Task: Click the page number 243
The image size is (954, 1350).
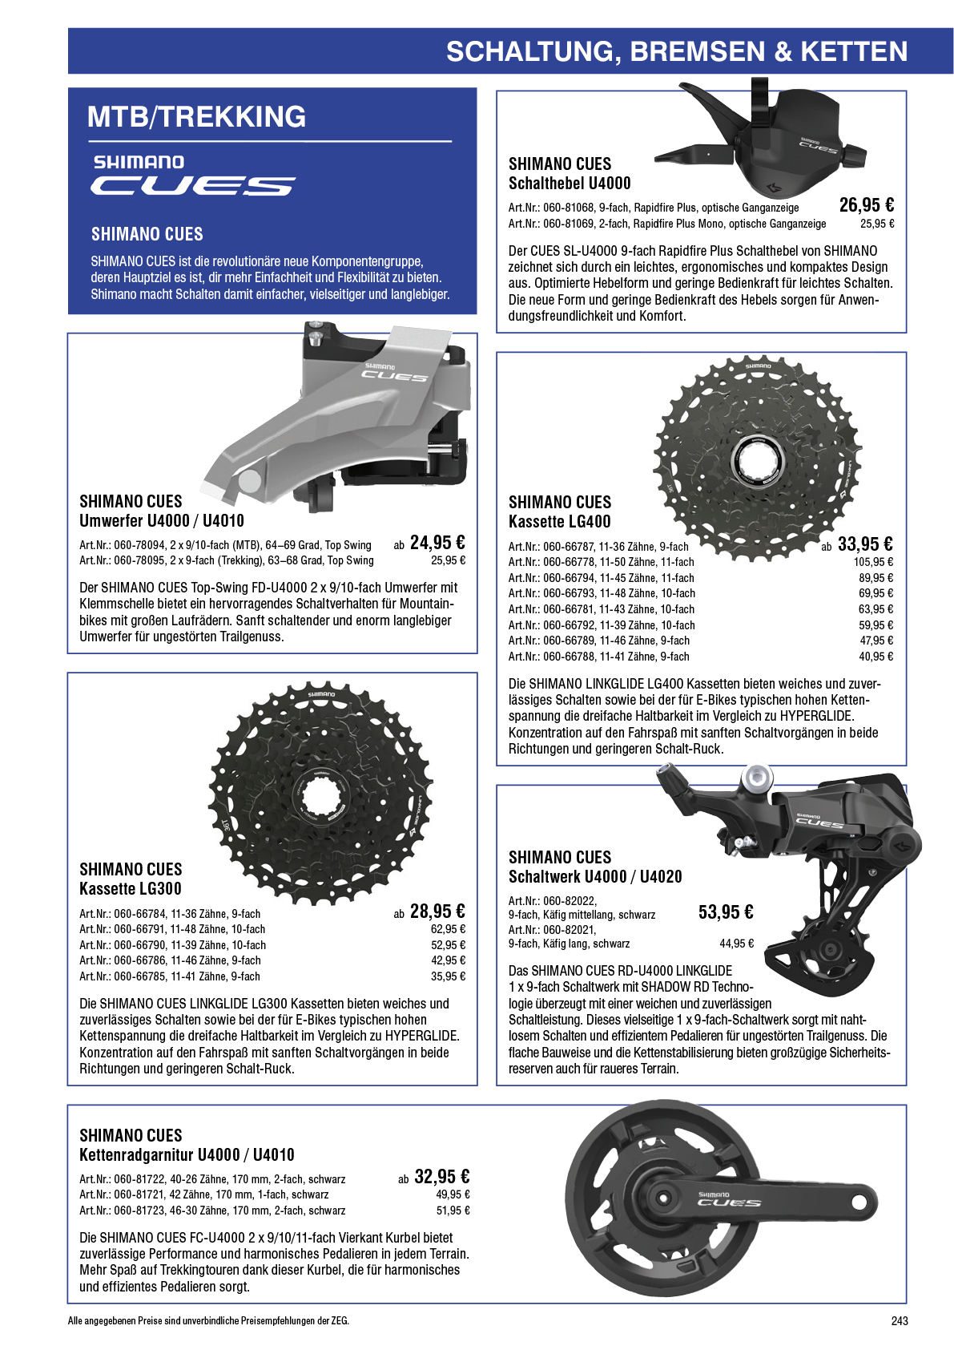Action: point(900,1320)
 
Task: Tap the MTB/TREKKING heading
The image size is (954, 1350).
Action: point(196,117)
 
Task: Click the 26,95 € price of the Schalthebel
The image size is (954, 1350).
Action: point(867,205)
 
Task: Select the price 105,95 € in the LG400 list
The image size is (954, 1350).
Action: point(873,562)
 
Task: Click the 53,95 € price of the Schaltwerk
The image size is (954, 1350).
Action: point(726,911)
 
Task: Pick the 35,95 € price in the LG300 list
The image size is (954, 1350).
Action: point(448,976)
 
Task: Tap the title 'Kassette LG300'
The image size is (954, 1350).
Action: point(131,888)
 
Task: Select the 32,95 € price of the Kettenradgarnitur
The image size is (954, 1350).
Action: point(441,1176)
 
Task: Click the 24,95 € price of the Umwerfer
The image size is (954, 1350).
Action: point(437,543)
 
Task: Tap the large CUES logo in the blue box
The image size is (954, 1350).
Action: point(193,186)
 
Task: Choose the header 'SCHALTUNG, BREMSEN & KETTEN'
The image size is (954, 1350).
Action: point(676,51)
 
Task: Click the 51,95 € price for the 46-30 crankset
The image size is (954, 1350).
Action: point(453,1211)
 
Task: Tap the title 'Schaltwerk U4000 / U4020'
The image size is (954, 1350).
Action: point(595,876)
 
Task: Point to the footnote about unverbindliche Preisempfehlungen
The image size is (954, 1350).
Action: point(208,1320)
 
